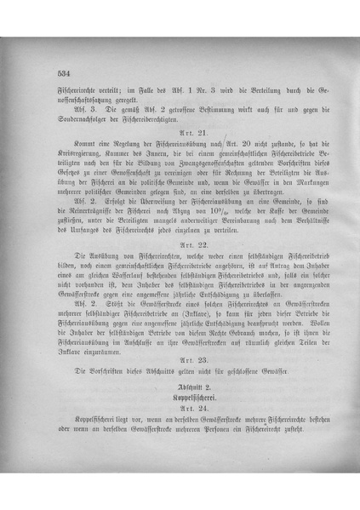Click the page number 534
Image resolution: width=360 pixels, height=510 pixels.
(x=61, y=74)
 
